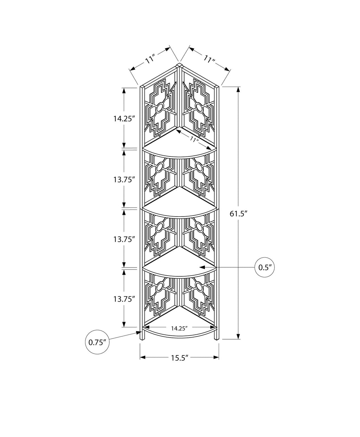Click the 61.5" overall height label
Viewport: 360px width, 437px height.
[x=239, y=214]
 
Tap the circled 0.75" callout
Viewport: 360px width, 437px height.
[x=98, y=342]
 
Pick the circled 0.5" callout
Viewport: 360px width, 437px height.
[x=265, y=267]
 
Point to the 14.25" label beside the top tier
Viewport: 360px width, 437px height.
[x=123, y=119]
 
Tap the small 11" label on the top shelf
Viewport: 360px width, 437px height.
[x=194, y=139]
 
